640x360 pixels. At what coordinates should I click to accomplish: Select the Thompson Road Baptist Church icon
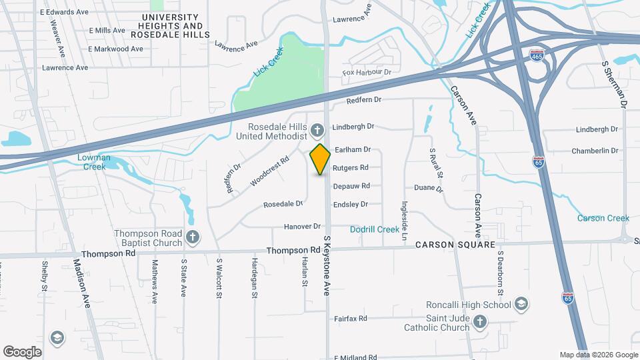[193, 236]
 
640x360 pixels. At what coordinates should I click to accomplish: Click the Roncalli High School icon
[521, 305]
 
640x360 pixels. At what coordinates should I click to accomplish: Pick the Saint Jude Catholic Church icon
[479, 323]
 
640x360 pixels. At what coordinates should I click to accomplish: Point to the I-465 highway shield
[536, 53]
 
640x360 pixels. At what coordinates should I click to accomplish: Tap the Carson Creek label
[603, 218]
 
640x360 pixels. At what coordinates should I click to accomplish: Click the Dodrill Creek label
[375, 229]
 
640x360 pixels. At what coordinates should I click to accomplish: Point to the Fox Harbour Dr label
[366, 72]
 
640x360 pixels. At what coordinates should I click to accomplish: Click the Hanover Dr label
[302, 227]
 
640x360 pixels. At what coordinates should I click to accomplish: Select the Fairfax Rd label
[351, 319]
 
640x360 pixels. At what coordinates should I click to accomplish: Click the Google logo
[22, 351]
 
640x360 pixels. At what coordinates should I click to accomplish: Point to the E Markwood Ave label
[115, 49]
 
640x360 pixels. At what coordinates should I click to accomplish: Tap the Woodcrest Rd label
[270, 171]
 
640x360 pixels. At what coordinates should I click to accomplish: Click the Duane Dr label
[428, 189]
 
